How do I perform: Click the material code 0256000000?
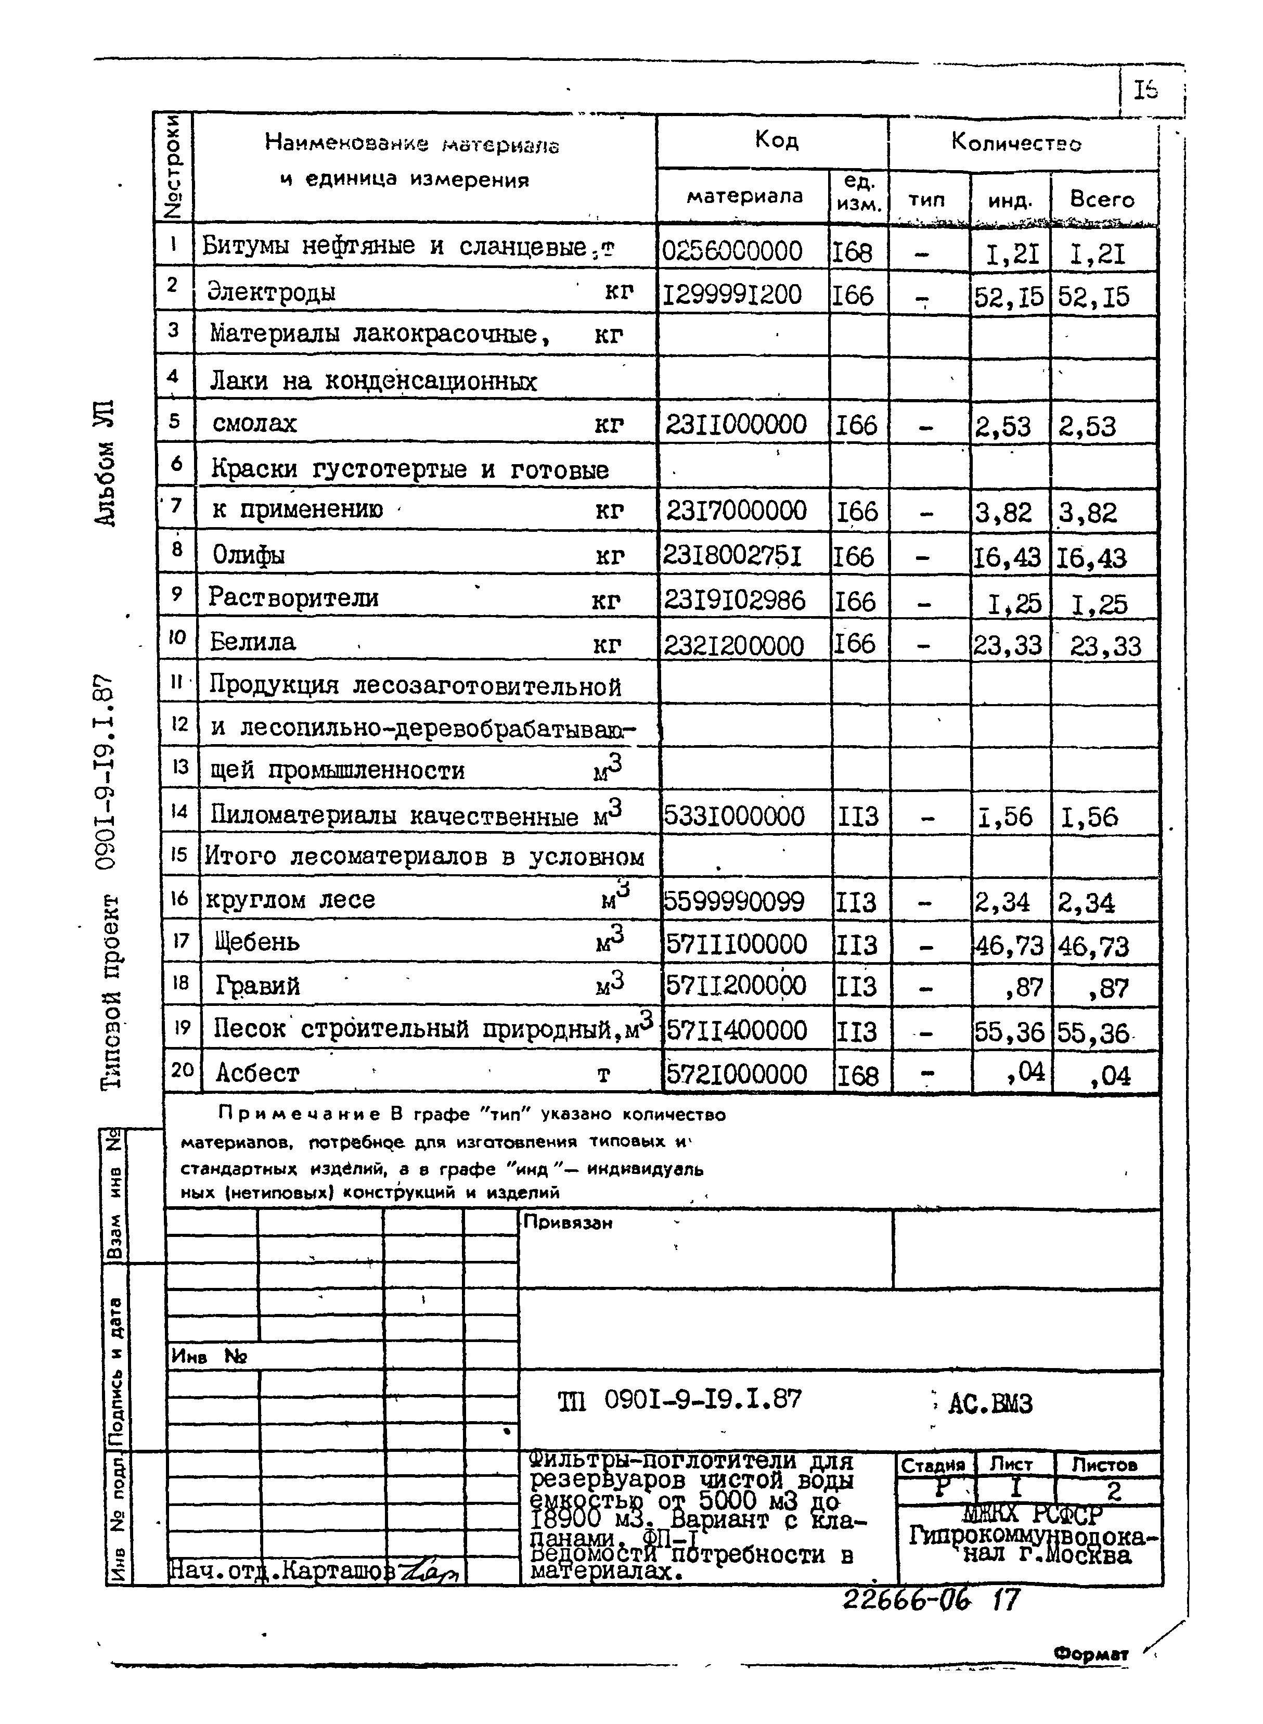(x=732, y=251)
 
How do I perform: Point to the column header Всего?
(x=1102, y=200)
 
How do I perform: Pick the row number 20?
(x=182, y=1069)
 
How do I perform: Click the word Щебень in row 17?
(x=257, y=941)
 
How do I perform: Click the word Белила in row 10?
(x=252, y=642)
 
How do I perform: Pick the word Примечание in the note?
(x=300, y=1114)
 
